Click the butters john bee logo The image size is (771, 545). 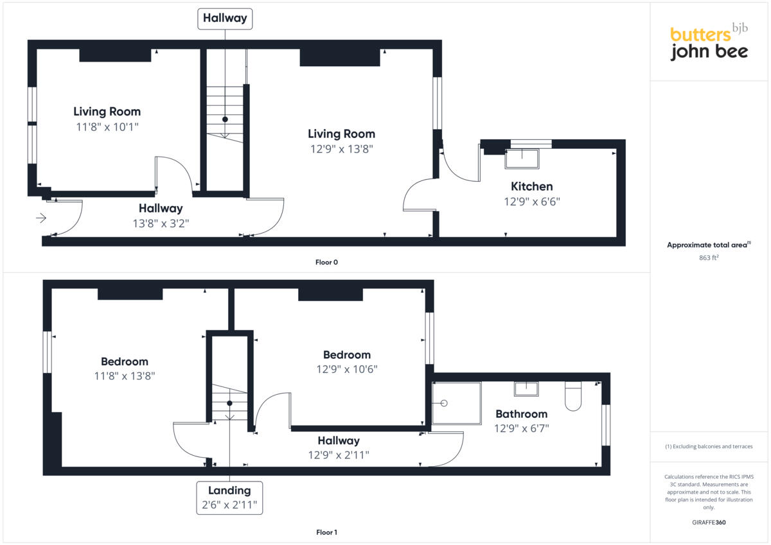pos(709,42)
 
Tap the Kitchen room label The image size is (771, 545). pos(531,186)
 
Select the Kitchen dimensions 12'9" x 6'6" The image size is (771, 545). pos(531,201)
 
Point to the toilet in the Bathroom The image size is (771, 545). pos(573,395)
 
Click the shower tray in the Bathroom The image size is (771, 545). pos(456,403)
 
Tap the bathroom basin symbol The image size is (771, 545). pos(526,389)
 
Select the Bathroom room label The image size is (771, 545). pos(521,414)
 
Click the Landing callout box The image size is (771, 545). pos(229,497)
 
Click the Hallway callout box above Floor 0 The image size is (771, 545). pos(225,19)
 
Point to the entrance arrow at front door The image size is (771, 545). pos(40,218)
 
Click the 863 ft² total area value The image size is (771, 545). pos(709,257)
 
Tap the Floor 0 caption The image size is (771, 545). pos(326,262)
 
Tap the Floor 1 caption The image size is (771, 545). pos(326,532)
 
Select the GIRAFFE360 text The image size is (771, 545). pos(709,523)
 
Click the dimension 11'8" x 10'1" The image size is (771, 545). pos(107,126)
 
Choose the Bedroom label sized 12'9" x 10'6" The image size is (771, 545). pos(346,355)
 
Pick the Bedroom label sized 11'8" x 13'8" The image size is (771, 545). pos(125,361)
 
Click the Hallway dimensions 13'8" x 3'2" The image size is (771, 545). pos(161,223)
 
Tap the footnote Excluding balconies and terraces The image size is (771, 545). pos(709,446)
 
